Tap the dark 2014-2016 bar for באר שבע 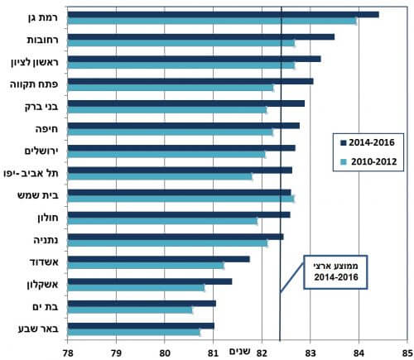[x=140, y=325]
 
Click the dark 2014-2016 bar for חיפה [x=182, y=125]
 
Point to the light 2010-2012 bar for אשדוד [x=145, y=266]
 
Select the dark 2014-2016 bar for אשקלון [x=149, y=281]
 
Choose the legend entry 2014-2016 [x=369, y=142]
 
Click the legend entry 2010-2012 [x=369, y=162]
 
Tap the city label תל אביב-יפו [x=32, y=174]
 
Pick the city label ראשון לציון [x=31, y=62]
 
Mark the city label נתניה [x=44, y=241]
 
